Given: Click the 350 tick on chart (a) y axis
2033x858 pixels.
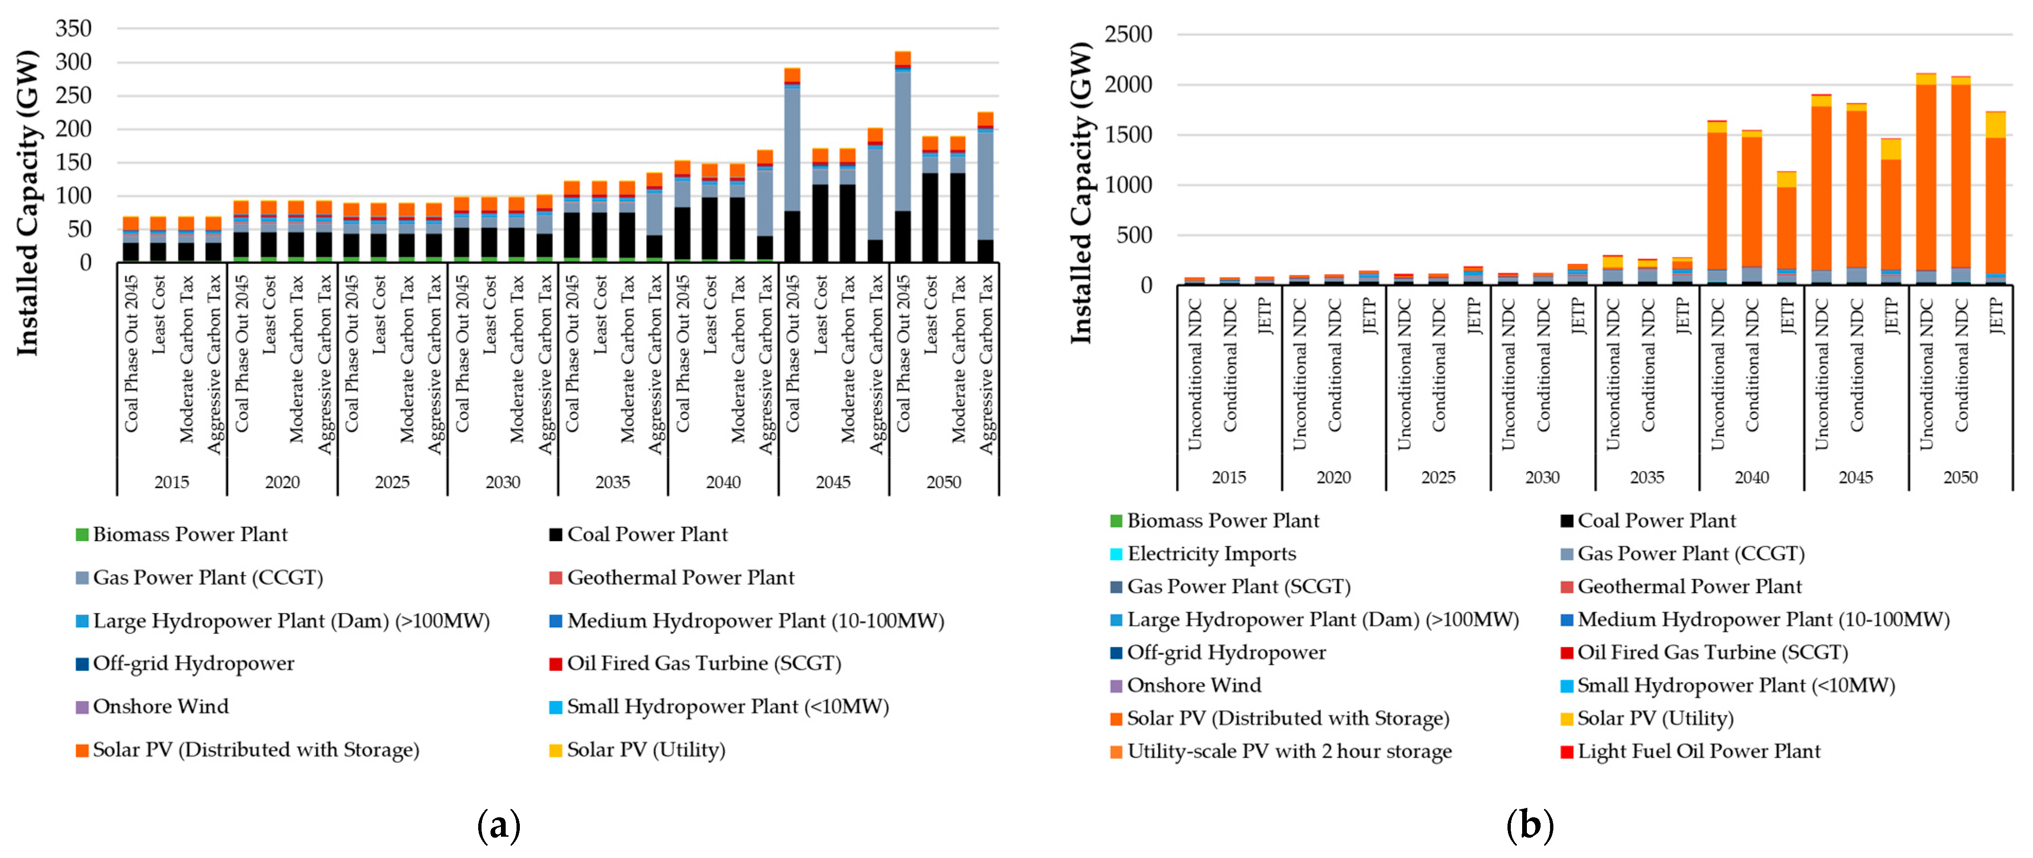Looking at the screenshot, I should tap(73, 28).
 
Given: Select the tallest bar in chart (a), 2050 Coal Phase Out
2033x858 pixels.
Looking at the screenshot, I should tap(903, 158).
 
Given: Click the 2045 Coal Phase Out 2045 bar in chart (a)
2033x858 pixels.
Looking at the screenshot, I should tap(792, 166).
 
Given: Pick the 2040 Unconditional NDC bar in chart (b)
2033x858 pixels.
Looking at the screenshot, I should tap(1717, 205).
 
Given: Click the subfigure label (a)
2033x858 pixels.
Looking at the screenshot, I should tap(499, 826).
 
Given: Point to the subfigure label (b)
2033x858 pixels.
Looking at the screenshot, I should tap(1530, 826).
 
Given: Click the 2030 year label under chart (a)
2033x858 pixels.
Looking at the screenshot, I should tap(503, 482).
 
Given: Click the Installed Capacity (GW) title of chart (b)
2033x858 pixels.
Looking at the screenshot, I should tap(1081, 193).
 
